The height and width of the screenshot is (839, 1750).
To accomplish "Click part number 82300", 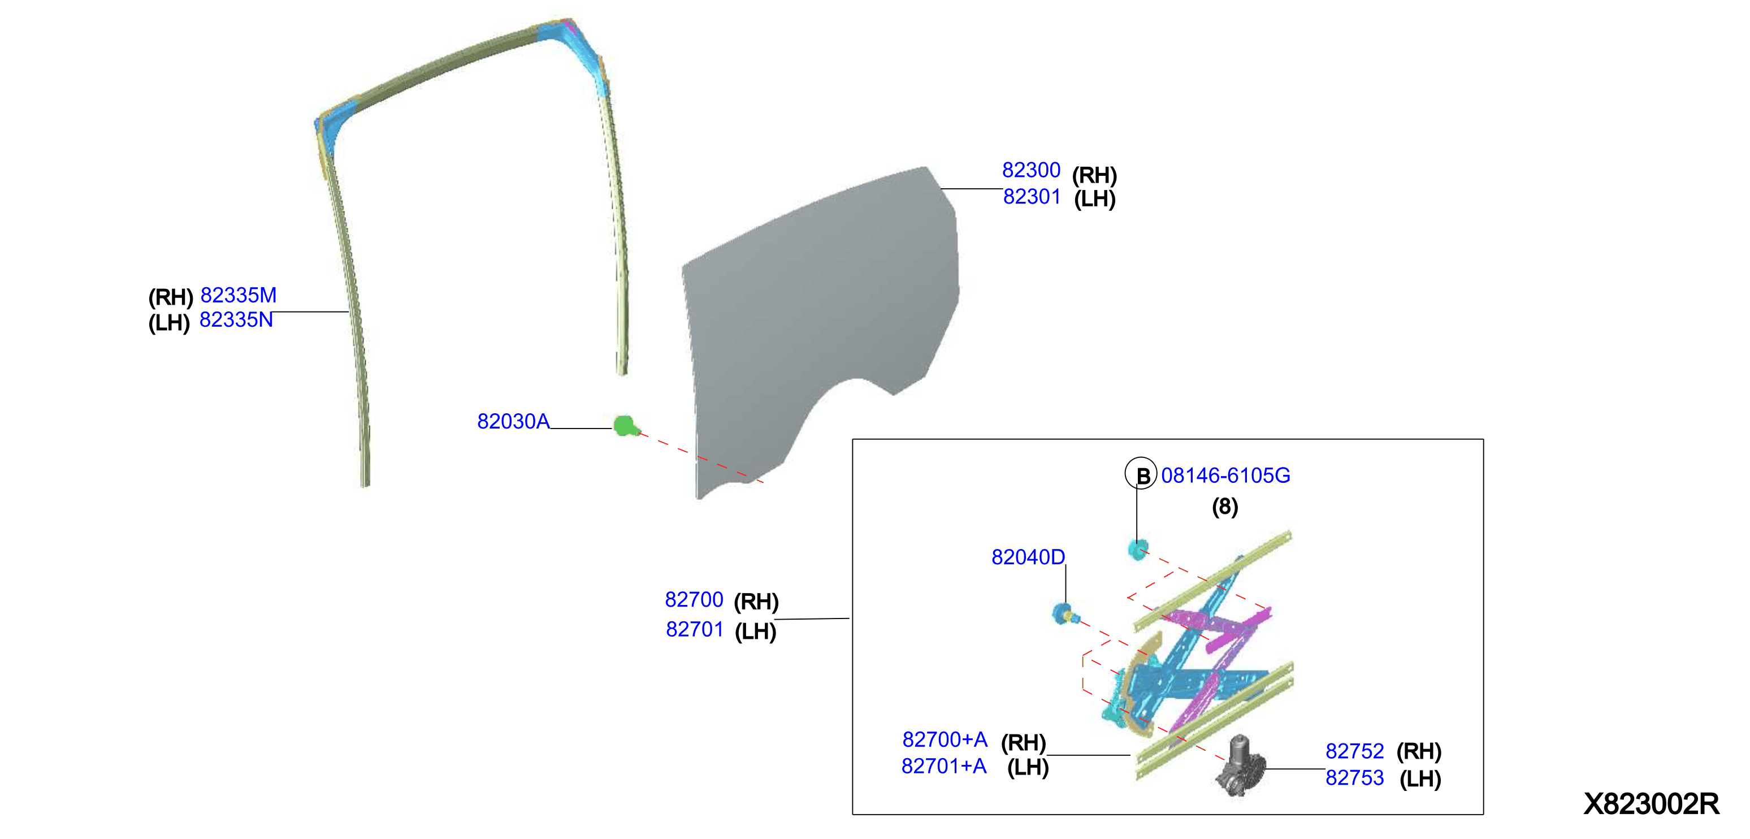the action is coord(1030,170).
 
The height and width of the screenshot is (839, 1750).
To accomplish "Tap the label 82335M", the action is coord(239,296).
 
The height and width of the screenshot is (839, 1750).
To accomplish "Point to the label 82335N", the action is coord(236,320).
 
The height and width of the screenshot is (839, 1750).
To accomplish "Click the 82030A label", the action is coord(513,422).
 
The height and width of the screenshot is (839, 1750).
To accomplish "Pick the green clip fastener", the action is coord(626,426).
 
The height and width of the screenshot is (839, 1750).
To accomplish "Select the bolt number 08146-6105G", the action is coord(1225,475).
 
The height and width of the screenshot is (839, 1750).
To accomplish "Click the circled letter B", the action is coord(1141,474).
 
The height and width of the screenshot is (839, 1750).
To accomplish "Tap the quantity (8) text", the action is coord(1225,507).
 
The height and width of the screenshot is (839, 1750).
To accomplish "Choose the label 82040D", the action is coord(1028,557).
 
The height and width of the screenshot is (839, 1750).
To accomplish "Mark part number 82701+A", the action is coord(943,766).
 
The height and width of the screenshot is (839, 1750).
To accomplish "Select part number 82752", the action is coord(1355,751).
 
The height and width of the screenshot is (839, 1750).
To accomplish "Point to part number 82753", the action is coord(1355,778).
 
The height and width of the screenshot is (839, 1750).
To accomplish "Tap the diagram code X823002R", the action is coord(1652,805).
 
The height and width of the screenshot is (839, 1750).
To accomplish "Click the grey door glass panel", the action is coord(822,319).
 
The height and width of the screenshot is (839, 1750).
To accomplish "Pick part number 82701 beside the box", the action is coord(694,630).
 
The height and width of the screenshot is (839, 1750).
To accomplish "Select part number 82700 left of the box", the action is coord(694,600).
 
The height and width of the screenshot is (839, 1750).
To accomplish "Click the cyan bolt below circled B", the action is coord(1138,549).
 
